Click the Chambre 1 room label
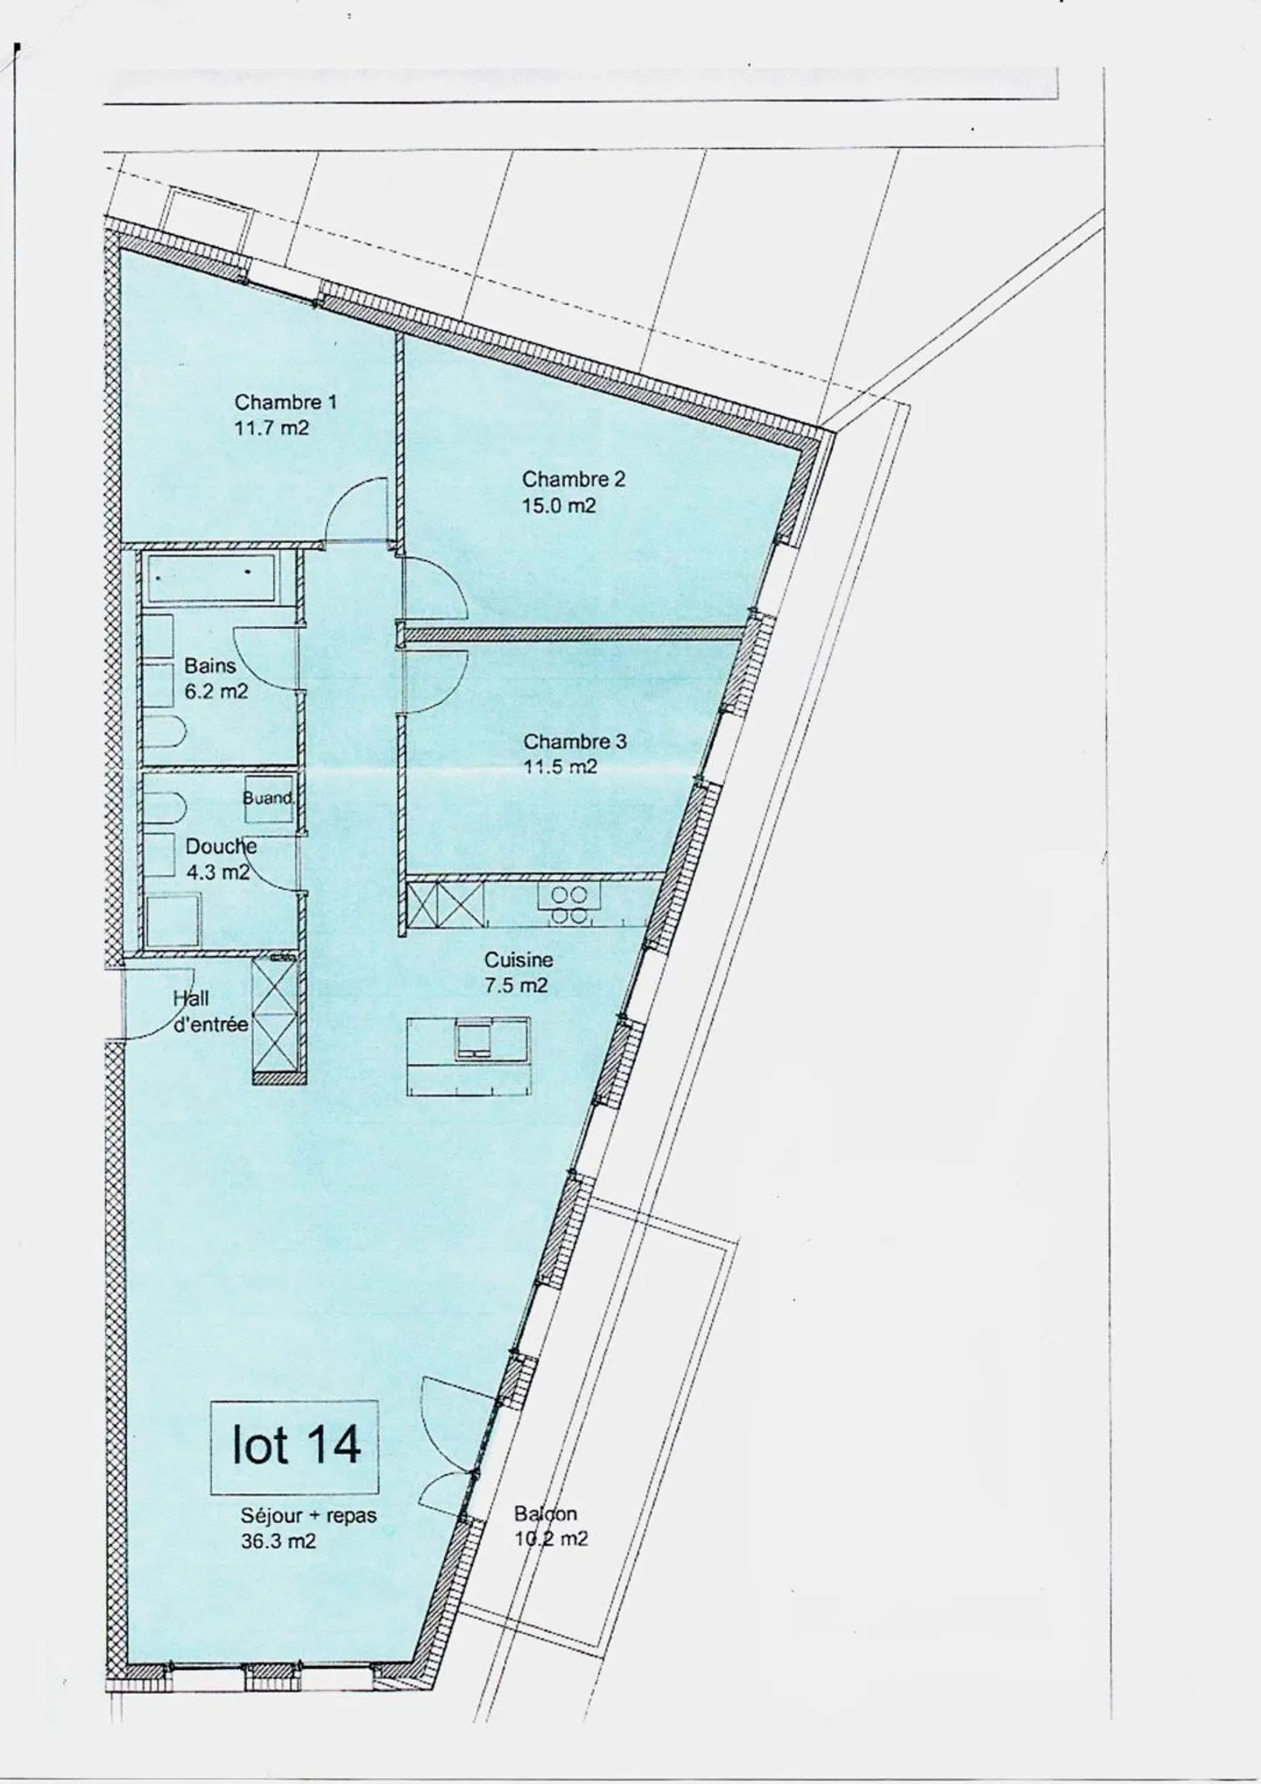tap(285, 403)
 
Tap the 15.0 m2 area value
tap(559, 506)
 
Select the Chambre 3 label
tap(574, 742)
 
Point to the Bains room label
tap(210, 666)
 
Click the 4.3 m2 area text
tap(217, 872)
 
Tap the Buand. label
tap(268, 798)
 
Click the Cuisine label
tap(518, 960)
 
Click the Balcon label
tap(546, 1513)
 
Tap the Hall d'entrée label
tap(210, 1012)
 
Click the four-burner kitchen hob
tap(569, 905)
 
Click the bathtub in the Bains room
tap(210, 578)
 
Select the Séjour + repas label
tap(308, 1516)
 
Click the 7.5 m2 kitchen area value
tap(517, 986)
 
